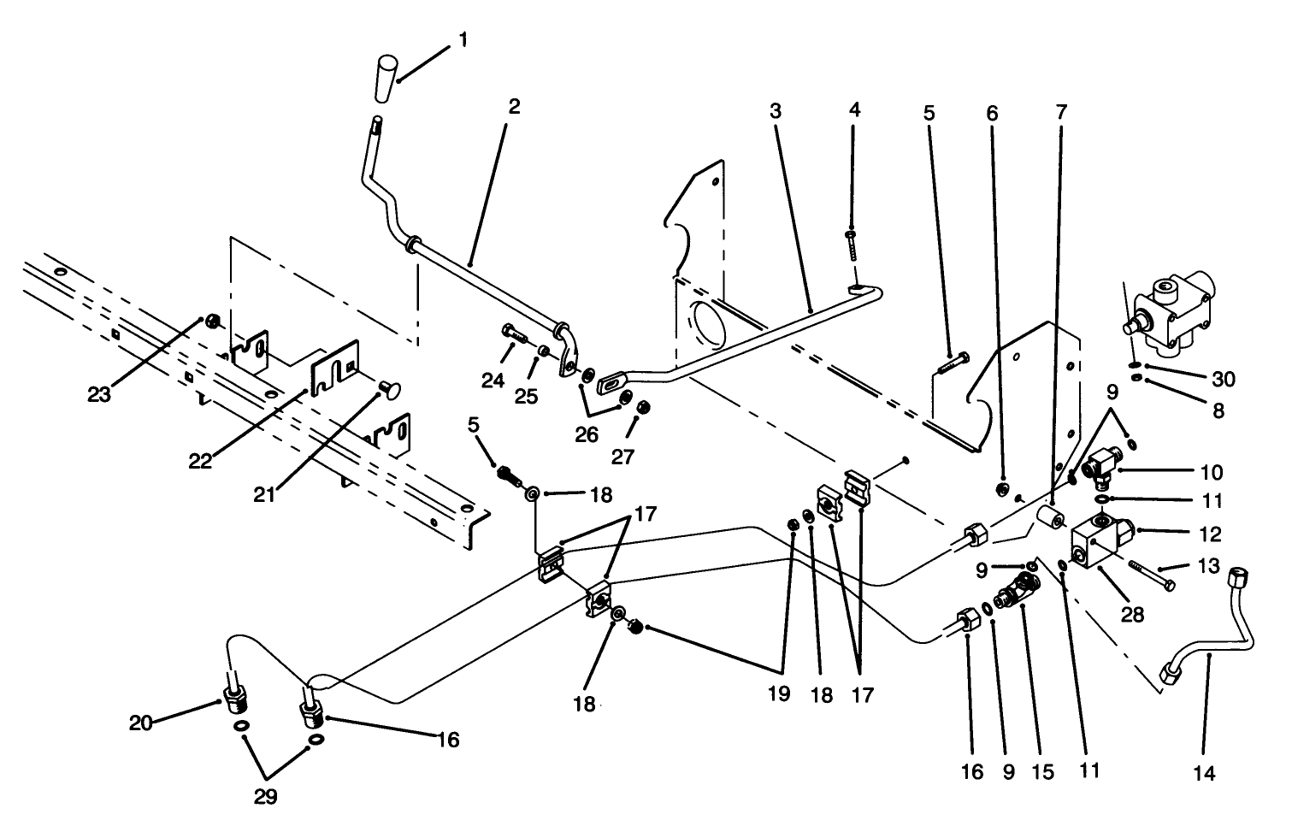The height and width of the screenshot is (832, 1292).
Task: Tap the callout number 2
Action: point(514,108)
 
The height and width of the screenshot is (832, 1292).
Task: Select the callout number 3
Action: point(776,111)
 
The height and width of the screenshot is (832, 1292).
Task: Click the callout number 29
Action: point(265,797)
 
